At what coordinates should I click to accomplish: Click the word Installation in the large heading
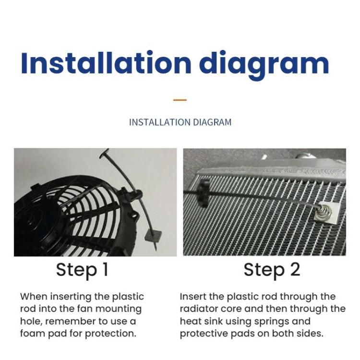(106, 63)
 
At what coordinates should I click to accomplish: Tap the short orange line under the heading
(180, 100)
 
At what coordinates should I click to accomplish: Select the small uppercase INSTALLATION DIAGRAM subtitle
(180, 122)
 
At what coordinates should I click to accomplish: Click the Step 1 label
(82, 270)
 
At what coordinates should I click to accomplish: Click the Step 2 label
(272, 270)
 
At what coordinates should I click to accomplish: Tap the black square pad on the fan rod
(153, 236)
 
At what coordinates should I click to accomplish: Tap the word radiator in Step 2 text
(197, 309)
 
